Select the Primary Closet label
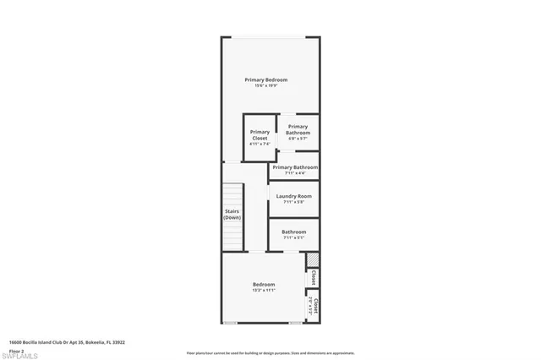(x=260, y=135)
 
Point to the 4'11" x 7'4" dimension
(x=260, y=145)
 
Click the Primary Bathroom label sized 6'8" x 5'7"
(x=298, y=130)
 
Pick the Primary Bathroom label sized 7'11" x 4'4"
(x=295, y=167)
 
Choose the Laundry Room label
(x=294, y=196)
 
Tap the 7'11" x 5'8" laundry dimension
(x=294, y=202)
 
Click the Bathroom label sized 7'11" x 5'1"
(x=294, y=232)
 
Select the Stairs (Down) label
(x=232, y=215)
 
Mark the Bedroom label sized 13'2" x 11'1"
(x=264, y=285)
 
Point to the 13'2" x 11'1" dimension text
(x=264, y=291)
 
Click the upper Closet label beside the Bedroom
(x=314, y=276)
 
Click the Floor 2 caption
(x=16, y=351)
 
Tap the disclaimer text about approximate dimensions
(x=270, y=353)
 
